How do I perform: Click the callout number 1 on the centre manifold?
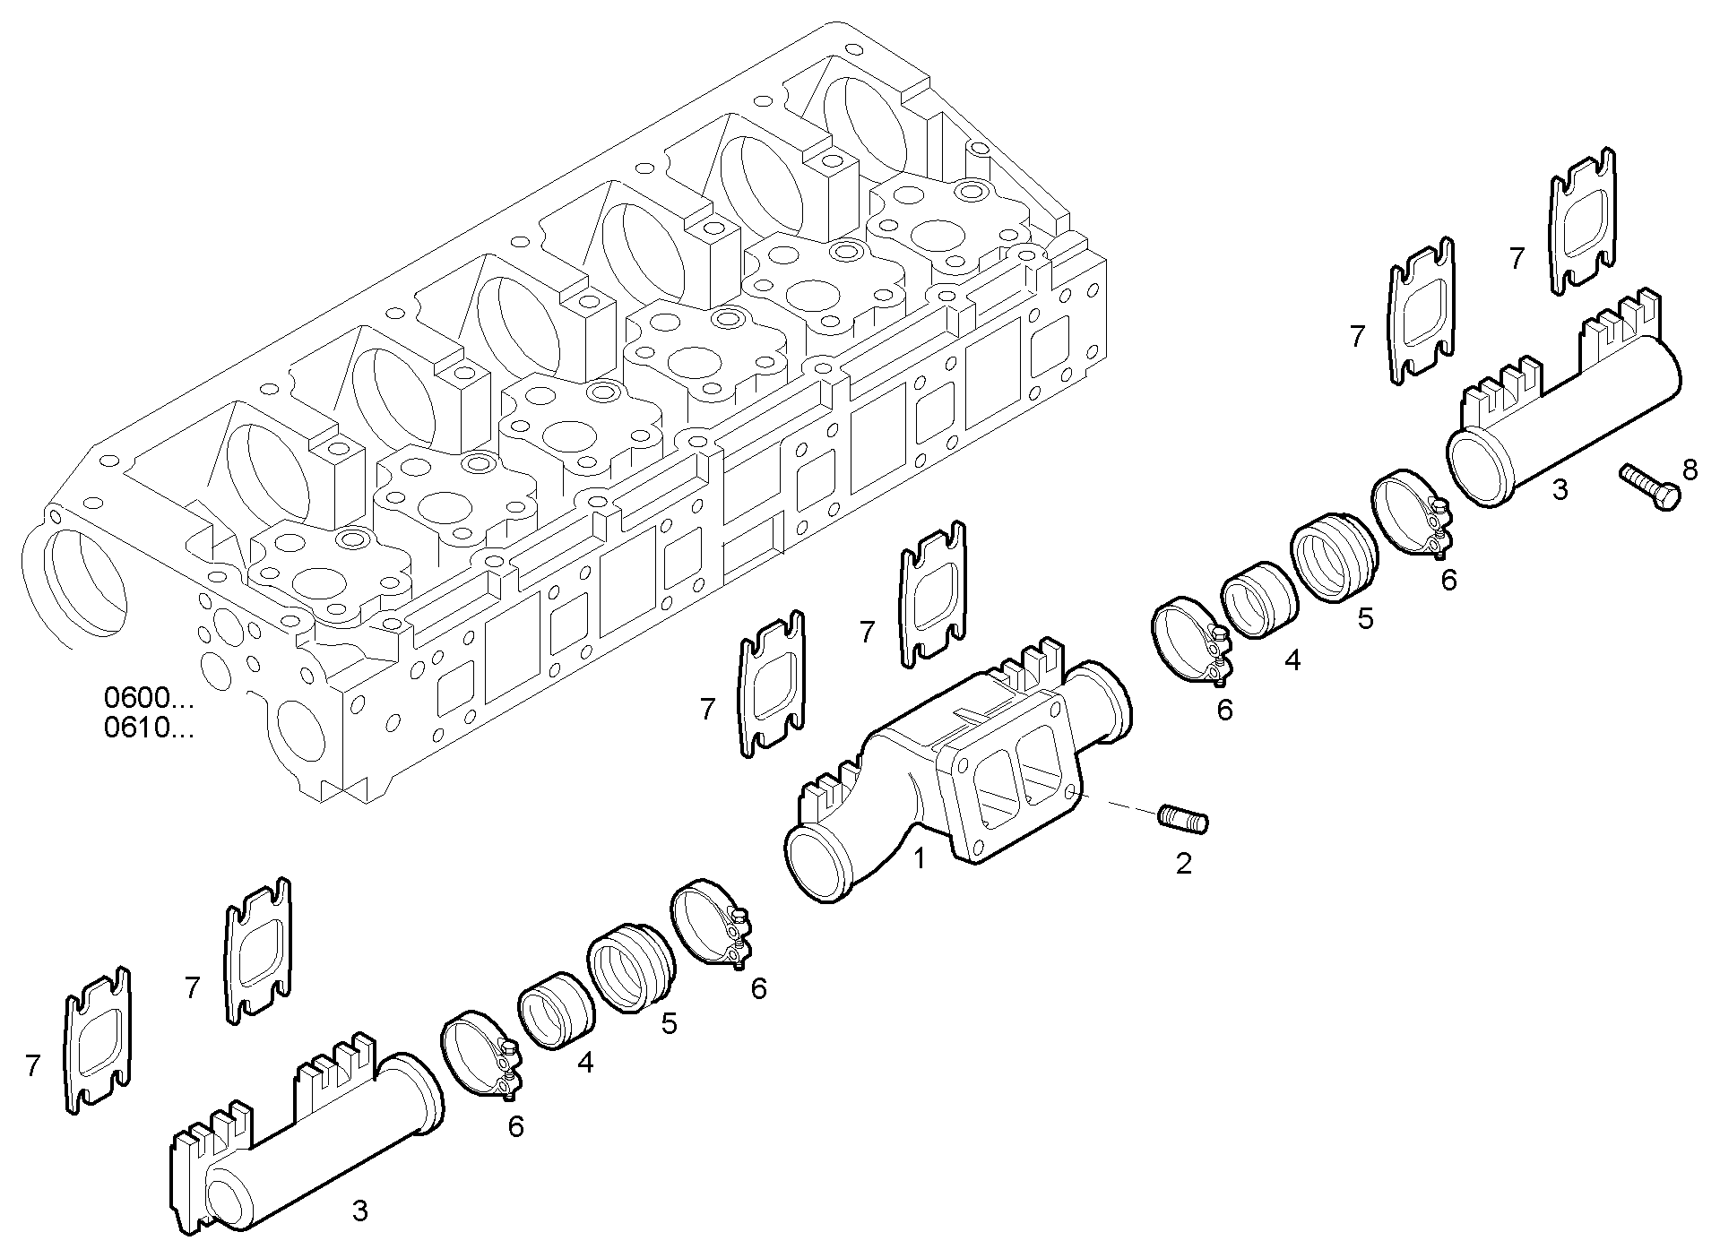pos(919,859)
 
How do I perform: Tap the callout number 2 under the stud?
pos(1183,864)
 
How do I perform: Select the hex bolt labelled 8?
pos(1649,487)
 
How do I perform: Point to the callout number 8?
pos(1690,469)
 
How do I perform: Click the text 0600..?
pos(148,697)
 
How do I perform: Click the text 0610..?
pos(148,728)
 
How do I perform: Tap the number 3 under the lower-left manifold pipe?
pos(359,1211)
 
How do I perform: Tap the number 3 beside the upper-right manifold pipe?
pos(1560,490)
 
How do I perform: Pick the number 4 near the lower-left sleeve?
pos(585,1063)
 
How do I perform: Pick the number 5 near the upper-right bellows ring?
pos(1365,618)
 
